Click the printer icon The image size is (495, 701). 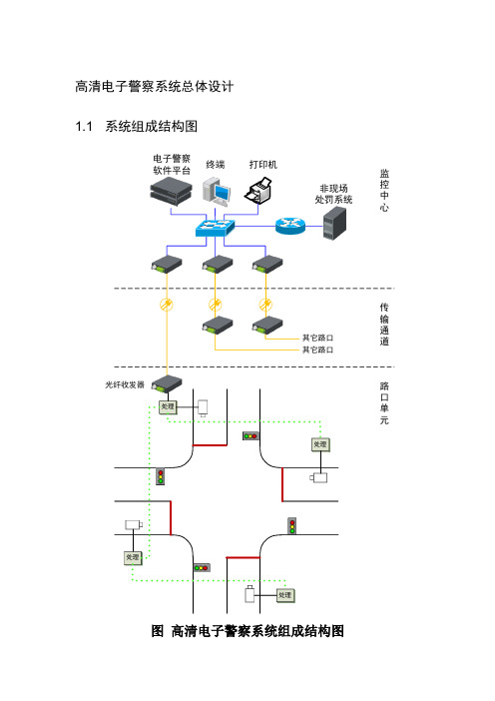258,191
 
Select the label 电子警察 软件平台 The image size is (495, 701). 172,164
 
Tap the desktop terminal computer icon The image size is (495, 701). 217,192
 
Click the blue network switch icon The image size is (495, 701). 215,228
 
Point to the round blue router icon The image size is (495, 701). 290,226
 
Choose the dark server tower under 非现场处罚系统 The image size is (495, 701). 335,224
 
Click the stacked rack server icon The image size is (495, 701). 171,191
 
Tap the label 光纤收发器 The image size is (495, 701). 125,384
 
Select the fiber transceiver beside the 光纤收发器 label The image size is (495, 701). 167,384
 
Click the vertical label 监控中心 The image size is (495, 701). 384,191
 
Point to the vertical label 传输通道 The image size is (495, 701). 384,325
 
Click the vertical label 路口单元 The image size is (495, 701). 384,402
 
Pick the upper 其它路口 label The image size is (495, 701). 317,338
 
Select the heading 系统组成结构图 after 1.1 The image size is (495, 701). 152,127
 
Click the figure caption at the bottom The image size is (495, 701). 247,631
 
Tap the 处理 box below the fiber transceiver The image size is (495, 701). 168,406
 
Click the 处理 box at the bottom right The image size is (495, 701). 285,595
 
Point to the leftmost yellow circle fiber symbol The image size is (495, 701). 167,305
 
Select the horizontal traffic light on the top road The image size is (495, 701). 250,435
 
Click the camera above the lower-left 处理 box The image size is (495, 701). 134,524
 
